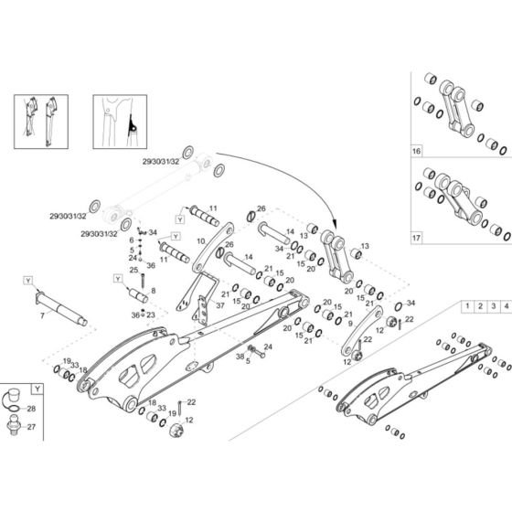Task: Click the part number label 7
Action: click(41, 315)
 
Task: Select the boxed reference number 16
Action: click(417, 148)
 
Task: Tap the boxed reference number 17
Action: click(417, 238)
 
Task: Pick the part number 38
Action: click(240, 355)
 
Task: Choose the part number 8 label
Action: click(152, 290)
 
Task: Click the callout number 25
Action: click(133, 271)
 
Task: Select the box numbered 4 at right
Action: click(505, 307)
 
